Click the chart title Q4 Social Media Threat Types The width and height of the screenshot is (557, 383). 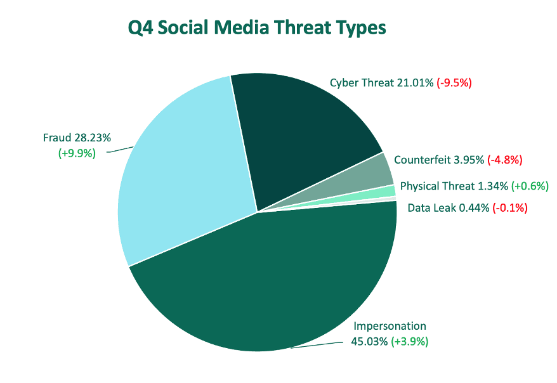[x=257, y=28]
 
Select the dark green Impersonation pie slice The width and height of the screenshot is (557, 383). [x=270, y=280]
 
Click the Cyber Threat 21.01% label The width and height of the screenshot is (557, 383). [x=381, y=83]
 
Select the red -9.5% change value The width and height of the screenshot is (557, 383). [x=454, y=83]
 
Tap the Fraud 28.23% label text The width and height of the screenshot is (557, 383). [x=77, y=138]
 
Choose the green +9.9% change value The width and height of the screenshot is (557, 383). [x=77, y=153]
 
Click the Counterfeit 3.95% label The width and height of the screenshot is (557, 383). [x=439, y=160]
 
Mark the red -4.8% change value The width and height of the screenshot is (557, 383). [x=505, y=160]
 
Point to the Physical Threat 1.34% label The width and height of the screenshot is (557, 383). [x=454, y=186]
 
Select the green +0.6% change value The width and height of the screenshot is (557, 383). [x=530, y=186]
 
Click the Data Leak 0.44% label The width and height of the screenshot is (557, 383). [x=449, y=207]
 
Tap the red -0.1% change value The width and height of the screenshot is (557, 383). [x=510, y=207]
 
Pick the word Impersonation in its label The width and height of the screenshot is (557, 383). [x=390, y=326]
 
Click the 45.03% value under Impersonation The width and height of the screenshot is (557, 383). [x=369, y=342]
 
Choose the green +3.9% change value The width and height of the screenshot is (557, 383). [x=410, y=342]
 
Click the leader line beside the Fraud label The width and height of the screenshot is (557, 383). [x=120, y=150]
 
